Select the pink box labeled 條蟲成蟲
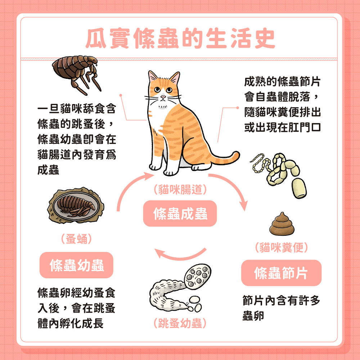point(180,214)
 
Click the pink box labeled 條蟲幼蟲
point(76,265)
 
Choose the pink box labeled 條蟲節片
point(281,273)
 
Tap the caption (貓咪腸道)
point(180,190)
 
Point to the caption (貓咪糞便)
point(281,247)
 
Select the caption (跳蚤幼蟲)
point(180,323)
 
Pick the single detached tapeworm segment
point(300,188)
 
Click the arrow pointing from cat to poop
point(230,189)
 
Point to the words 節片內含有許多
point(281,301)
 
